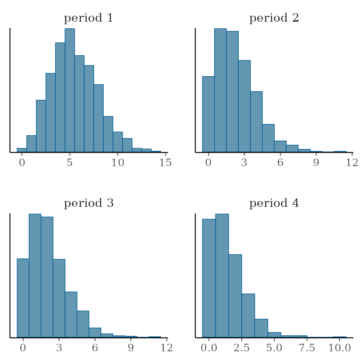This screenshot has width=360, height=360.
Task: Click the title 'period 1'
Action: tap(88, 18)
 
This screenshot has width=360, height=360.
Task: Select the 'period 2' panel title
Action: tap(274, 18)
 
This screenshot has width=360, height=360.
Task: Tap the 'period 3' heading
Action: tap(88, 204)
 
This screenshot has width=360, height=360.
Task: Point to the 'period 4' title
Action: tap(274, 204)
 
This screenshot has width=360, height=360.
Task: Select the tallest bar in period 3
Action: tap(35, 275)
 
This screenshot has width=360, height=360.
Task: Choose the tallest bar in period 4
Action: tap(222, 275)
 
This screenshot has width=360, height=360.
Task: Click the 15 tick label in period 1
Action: tap(165, 162)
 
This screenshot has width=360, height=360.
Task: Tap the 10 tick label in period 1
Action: tap(118, 162)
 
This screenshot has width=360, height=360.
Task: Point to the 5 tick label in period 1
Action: tap(70, 162)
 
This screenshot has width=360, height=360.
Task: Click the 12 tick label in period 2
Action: tap(352, 162)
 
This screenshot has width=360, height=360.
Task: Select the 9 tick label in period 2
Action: tap(316, 162)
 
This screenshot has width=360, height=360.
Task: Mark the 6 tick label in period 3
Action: tap(95, 348)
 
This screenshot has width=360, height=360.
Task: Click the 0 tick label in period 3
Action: tap(23, 348)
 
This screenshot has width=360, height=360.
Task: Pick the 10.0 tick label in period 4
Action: tap(340, 348)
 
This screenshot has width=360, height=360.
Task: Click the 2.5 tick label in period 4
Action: tap(242, 348)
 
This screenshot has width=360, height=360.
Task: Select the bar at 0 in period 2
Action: tap(208, 114)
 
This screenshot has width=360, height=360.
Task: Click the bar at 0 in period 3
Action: tap(23, 298)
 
